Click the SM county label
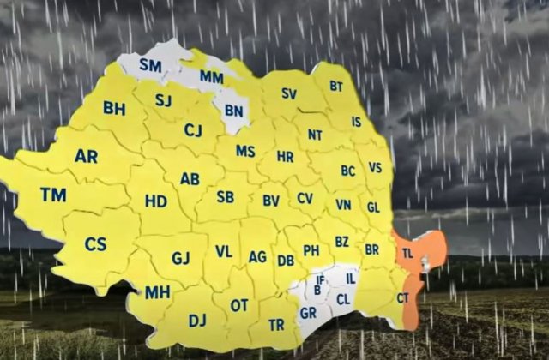[x=151, y=64]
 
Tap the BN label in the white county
[x=233, y=110]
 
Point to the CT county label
[x=402, y=297]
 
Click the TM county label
[x=53, y=195]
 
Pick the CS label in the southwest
[x=95, y=244]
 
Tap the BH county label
[x=114, y=108]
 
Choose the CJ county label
[x=193, y=129]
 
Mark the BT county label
[x=336, y=87]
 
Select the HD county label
[x=156, y=201]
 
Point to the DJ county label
[x=197, y=320]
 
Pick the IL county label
[x=350, y=278]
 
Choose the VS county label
[x=375, y=168]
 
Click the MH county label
[x=157, y=292]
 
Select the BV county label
[x=271, y=201]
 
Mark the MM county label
[x=211, y=77]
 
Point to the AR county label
[x=86, y=156]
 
